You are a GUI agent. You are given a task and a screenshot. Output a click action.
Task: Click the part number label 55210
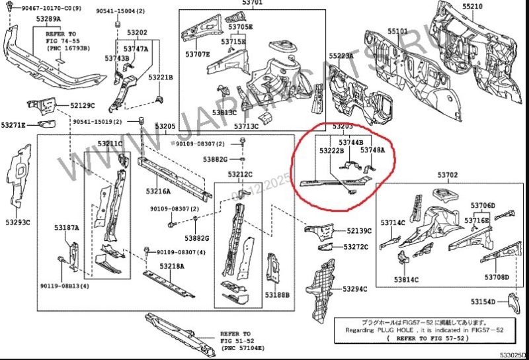click(472, 6)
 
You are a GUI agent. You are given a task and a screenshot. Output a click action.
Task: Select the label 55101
click(398, 31)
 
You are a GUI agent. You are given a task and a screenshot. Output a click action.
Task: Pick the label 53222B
click(331, 151)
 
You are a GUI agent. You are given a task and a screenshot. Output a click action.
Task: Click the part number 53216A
click(159, 191)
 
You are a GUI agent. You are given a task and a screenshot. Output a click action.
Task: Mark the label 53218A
click(172, 265)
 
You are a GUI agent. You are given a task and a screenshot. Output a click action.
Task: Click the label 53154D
click(483, 302)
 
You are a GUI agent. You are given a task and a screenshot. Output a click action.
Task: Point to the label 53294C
click(354, 289)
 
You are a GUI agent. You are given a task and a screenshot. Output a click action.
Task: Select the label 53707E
click(198, 54)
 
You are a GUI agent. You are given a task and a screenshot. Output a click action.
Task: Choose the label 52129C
click(83, 105)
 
